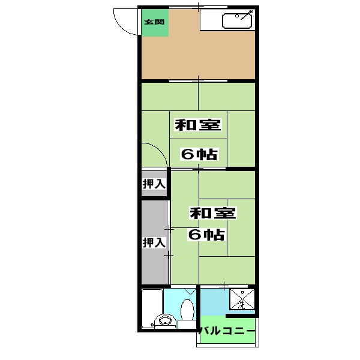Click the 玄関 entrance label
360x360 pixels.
pos(154,23)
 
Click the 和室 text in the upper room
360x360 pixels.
pos(199,125)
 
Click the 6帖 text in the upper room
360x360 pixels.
pos(199,154)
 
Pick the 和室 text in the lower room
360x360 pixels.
pos(213,213)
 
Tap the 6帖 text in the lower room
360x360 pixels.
pos(207,235)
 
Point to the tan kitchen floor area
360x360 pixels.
pos(198,57)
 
